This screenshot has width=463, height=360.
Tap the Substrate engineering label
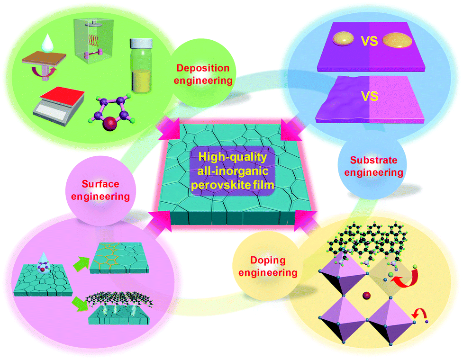pyautogui.click(x=374, y=166)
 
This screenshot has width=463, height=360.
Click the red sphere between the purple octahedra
pyautogui.click(x=366, y=296)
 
